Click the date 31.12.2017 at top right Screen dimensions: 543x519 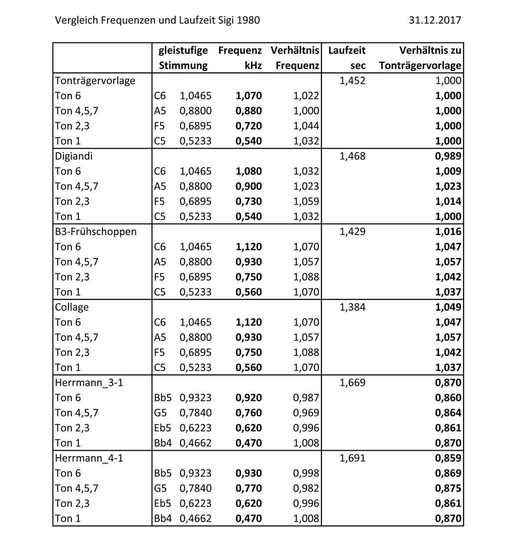tap(435, 20)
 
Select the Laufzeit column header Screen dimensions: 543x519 tap(347, 50)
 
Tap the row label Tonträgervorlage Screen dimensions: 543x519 tap(95, 80)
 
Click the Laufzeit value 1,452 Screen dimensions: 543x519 tap(352, 80)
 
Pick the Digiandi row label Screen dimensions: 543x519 tap(74, 156)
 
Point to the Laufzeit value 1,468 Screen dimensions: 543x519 tap(352, 156)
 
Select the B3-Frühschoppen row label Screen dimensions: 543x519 tap(95, 232)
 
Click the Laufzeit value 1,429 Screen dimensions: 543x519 tap(352, 232)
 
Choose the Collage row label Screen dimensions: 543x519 tap(71, 307)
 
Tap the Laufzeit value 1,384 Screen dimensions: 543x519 tap(352, 307)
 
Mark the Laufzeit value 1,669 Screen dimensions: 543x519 tap(352, 383)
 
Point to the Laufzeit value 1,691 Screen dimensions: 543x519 tap(352, 458)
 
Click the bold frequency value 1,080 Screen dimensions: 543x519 tap(249, 171)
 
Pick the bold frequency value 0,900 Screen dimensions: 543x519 tap(249, 186)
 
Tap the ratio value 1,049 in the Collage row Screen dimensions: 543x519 tap(448, 307)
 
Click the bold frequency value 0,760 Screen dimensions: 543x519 tap(249, 413)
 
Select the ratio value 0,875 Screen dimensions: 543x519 tap(448, 488)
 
